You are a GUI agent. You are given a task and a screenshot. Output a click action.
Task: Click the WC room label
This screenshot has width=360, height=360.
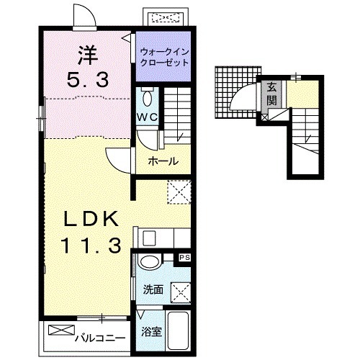(x=148, y=117)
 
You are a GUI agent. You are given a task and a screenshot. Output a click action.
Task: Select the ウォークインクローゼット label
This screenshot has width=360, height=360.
(x=164, y=58)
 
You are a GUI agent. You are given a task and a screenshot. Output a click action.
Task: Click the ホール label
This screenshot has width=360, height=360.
(x=163, y=161)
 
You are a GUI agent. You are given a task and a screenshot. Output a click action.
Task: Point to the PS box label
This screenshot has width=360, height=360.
(x=185, y=258)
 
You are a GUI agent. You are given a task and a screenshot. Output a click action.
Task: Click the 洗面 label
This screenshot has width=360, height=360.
(x=153, y=289)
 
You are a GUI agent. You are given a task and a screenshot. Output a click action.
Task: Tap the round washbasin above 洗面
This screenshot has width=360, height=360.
(x=150, y=262)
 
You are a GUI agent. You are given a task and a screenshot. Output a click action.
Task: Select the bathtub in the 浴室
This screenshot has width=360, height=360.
(x=178, y=330)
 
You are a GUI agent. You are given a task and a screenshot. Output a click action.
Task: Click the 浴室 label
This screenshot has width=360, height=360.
(x=151, y=332)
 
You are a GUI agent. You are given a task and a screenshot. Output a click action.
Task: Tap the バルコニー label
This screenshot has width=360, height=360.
(x=100, y=338)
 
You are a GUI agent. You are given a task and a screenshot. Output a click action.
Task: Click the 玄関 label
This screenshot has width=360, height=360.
(x=271, y=94)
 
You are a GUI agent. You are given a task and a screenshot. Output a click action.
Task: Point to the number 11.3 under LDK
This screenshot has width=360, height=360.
(x=91, y=246)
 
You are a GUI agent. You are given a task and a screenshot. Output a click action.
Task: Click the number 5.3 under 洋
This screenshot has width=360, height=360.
(x=88, y=80)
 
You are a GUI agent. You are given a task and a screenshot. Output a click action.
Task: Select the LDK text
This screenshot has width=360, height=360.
(x=91, y=219)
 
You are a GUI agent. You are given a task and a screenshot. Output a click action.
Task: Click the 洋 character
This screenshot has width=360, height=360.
(x=88, y=56)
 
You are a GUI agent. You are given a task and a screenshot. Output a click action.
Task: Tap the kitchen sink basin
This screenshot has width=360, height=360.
(x=149, y=238)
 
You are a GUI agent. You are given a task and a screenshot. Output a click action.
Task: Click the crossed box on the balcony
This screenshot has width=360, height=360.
(x=61, y=330)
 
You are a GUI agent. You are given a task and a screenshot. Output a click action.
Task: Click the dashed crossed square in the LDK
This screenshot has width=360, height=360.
(x=179, y=192)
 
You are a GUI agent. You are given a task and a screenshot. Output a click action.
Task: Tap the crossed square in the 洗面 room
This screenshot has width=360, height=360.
(x=181, y=293)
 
